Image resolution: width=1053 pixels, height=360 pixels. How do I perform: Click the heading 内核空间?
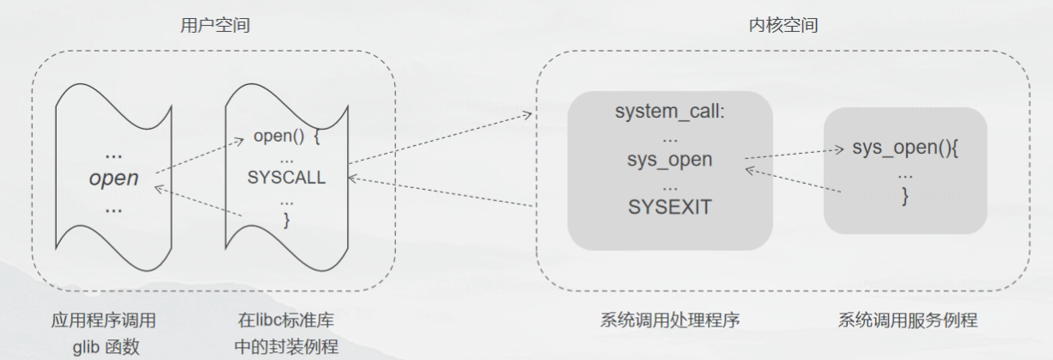click(x=782, y=26)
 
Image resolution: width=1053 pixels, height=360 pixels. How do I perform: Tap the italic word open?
click(x=114, y=179)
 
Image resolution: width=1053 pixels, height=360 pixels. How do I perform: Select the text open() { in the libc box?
click(x=287, y=137)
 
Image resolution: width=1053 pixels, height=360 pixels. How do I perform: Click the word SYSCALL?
click(x=287, y=178)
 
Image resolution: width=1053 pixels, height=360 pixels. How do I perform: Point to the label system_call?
click(x=670, y=113)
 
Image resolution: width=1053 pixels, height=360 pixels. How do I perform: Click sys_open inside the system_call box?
click(x=670, y=160)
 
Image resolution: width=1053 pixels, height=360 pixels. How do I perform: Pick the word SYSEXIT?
click(x=670, y=208)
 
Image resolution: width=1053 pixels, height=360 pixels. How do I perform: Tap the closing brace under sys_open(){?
click(x=904, y=197)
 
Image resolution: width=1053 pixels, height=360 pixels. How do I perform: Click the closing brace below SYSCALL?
click(x=287, y=220)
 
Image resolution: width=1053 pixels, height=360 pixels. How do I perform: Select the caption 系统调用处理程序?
click(x=670, y=320)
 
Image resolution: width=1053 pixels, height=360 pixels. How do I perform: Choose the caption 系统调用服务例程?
click(x=907, y=320)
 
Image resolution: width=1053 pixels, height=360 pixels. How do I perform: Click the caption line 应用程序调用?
click(x=103, y=320)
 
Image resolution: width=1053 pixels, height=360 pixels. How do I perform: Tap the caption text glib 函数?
click(x=103, y=346)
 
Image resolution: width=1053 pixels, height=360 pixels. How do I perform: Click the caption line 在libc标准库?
click(x=286, y=320)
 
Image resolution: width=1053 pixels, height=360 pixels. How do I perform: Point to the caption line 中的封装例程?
click(x=286, y=346)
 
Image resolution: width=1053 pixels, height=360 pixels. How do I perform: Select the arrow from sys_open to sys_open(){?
click(x=794, y=154)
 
